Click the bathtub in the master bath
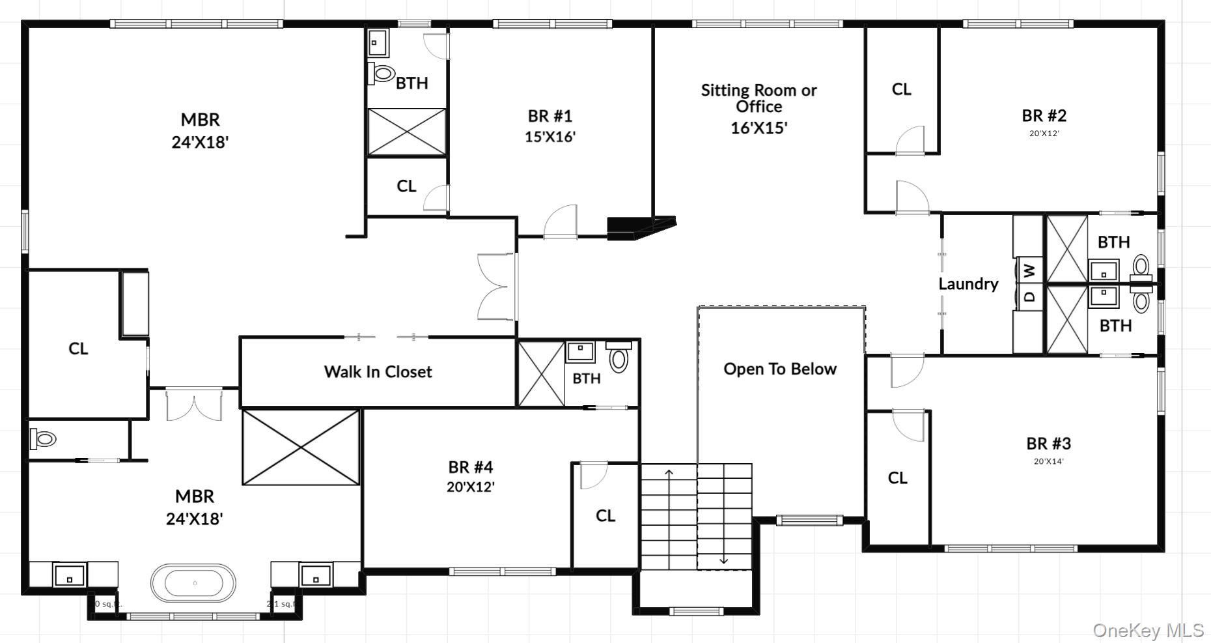(193, 583)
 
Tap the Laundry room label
(968, 284)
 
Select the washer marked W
(1029, 268)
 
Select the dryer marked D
(1029, 296)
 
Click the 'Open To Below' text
(779, 369)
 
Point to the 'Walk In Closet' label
(378, 372)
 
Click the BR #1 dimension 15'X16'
(550, 137)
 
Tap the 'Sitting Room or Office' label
(759, 98)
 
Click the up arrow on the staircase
(669, 472)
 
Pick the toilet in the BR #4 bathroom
(619, 357)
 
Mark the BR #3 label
(1048, 444)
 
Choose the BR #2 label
(1044, 116)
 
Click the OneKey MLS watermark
(1148, 630)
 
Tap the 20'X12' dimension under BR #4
(470, 487)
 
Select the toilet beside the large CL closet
(44, 438)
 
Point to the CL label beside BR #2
(901, 89)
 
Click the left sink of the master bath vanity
(69, 576)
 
